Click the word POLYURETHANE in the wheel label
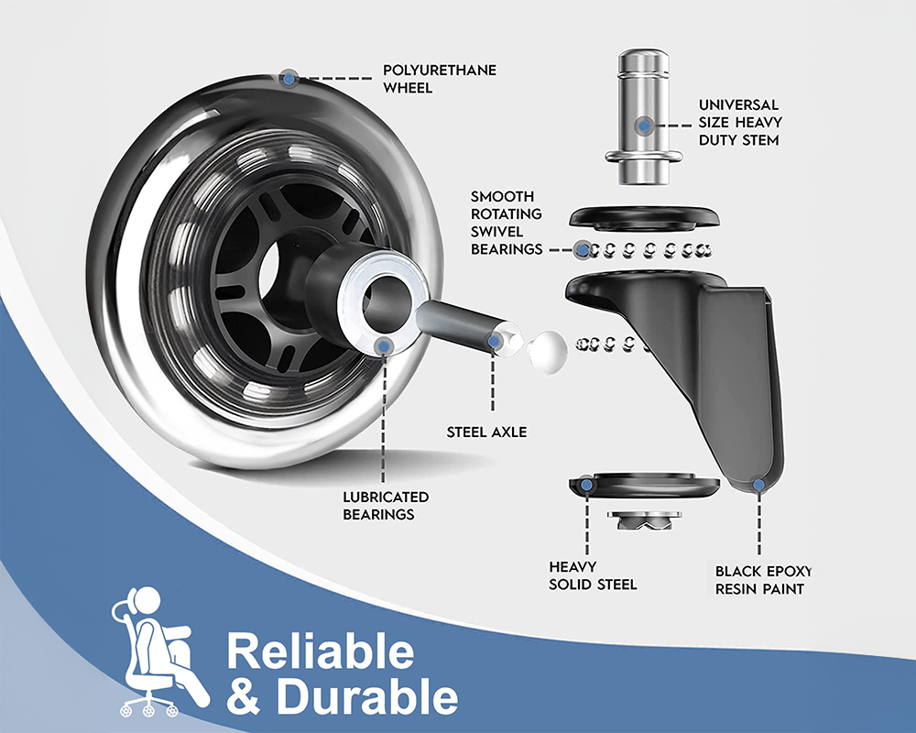[440, 71]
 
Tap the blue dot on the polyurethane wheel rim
[289, 78]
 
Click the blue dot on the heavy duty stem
[646, 123]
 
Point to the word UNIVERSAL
[738, 104]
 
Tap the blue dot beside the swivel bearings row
[580, 248]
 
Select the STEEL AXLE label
[486, 431]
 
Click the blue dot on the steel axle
[494, 341]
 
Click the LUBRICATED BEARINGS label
[385, 505]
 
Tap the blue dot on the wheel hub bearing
[385, 345]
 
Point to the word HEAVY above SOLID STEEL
[572, 566]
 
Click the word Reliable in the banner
[320, 651]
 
